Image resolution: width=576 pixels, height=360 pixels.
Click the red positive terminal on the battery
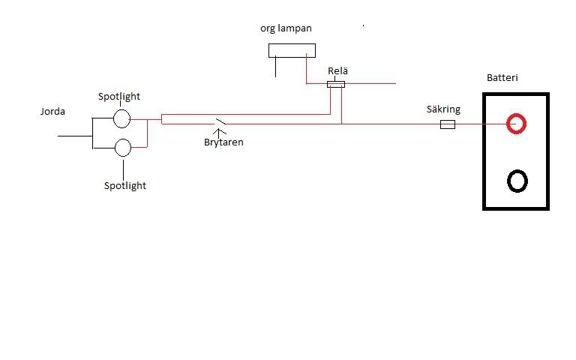[515, 123]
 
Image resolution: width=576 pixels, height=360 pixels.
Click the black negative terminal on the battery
[517, 181]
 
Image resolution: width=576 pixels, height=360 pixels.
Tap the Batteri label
[502, 78]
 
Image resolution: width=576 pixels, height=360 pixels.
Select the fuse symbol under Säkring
[447, 124]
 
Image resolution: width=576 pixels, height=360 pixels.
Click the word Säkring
[443, 109]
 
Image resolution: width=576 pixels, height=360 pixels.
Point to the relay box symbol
[336, 84]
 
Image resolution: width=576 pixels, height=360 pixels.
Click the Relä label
[337, 71]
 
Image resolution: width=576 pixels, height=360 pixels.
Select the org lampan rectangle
[292, 50]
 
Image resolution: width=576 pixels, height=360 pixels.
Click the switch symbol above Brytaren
[220, 121]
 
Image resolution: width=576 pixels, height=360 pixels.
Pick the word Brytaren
[223, 142]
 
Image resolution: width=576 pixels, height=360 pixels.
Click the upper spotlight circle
[122, 118]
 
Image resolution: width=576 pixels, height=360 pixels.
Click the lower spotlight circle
[122, 147]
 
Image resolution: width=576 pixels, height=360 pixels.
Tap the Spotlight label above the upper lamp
[119, 97]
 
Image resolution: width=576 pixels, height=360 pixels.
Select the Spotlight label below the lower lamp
[125, 185]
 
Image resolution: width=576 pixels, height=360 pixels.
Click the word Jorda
[52, 112]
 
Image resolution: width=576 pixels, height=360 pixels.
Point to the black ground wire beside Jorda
[73, 136]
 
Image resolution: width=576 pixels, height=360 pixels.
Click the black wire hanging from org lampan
[275, 67]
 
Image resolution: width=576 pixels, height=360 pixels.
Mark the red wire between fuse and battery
[480, 124]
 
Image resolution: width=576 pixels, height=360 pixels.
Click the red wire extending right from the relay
[370, 83]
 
